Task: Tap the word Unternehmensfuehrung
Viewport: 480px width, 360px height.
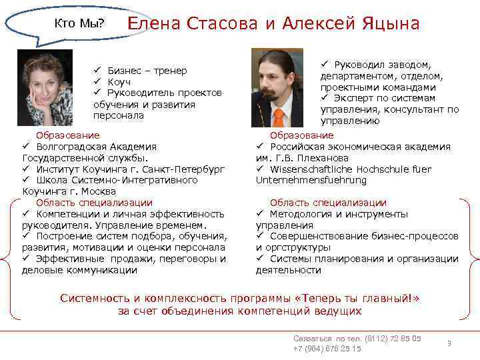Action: tap(311, 180)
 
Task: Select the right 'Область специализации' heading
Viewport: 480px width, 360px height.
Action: tap(327, 203)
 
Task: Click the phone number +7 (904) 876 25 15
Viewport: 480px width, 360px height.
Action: tap(327, 349)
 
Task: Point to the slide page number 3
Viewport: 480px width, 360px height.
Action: tap(449, 343)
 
